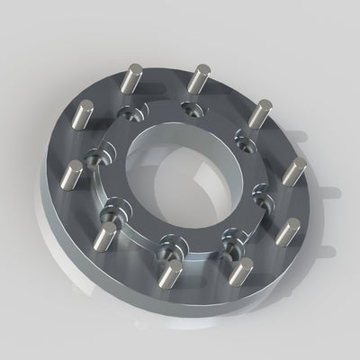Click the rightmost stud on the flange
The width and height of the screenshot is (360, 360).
(294, 170)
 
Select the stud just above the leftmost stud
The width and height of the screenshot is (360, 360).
(82, 117)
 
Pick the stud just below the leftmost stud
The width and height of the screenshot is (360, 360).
(105, 237)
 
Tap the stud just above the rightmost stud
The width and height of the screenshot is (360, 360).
(260, 112)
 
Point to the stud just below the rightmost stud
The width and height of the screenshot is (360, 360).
(287, 232)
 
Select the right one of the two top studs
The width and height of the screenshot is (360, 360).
(199, 79)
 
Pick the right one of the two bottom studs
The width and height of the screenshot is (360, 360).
(240, 271)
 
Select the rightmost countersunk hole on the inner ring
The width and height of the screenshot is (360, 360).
(262, 190)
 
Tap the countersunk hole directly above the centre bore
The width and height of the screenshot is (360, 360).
(190, 109)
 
